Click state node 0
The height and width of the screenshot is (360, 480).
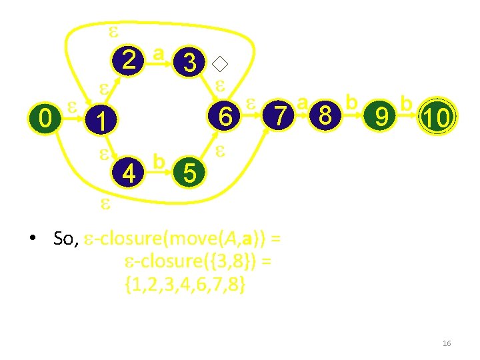click(x=45, y=119)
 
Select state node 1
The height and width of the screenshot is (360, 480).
click(x=100, y=121)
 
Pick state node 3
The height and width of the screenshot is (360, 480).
click(x=190, y=63)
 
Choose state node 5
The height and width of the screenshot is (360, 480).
click(x=189, y=174)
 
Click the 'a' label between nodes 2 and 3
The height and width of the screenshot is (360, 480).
click(x=158, y=52)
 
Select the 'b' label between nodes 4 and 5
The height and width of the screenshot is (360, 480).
click(x=159, y=161)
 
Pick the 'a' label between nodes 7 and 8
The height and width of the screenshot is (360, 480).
click(x=303, y=103)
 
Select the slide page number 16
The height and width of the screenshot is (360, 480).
click(x=447, y=343)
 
